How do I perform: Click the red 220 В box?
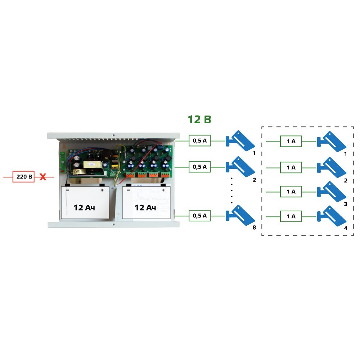pyautogui.click(x=23, y=176)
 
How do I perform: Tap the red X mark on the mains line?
pyautogui.click(x=43, y=177)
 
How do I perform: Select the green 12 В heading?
pyautogui.click(x=199, y=120)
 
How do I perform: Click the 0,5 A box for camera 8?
pyautogui.click(x=199, y=216)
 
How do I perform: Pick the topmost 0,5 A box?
pyautogui.click(x=199, y=140)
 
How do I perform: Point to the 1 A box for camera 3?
pyautogui.click(x=291, y=192)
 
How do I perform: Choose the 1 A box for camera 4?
pyautogui.click(x=291, y=216)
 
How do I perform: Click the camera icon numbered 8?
pyautogui.click(x=240, y=215)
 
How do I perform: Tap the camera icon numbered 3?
pyautogui.click(x=332, y=192)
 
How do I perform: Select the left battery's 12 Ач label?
pyautogui.click(x=84, y=208)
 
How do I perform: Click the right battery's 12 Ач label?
pyautogui.click(x=145, y=208)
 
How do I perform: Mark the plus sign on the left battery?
pyautogui.click(x=102, y=190)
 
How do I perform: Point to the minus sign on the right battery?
pyautogui.click(x=129, y=190)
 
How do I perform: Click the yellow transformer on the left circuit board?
pyautogui.click(x=93, y=165)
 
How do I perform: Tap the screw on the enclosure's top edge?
pyautogui.click(x=113, y=135)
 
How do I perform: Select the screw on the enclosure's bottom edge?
pyautogui.click(x=113, y=225)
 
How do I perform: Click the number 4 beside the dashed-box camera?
pyautogui.click(x=346, y=228)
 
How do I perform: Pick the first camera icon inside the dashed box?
pyautogui.click(x=332, y=141)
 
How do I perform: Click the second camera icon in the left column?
pyautogui.click(x=240, y=167)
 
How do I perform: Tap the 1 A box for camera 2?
pyautogui.click(x=291, y=168)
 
